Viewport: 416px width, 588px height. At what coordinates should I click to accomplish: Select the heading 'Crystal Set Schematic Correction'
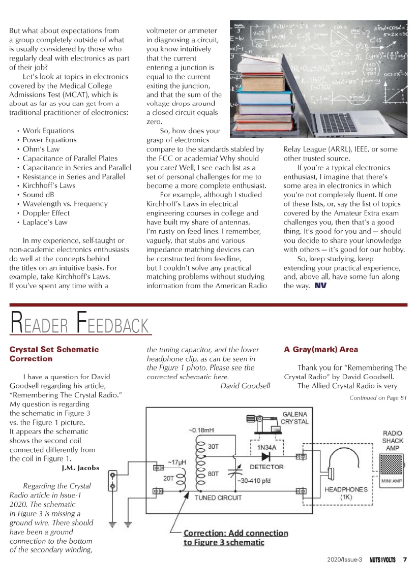54,354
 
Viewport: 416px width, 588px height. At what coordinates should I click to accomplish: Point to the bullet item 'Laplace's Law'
45,222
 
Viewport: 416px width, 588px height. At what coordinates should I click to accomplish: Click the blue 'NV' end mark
320,286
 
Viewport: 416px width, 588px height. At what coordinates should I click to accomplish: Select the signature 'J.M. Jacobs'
80,468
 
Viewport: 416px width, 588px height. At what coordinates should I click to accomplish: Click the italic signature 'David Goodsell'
245,386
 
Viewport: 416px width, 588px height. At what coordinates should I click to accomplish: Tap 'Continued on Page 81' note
378,397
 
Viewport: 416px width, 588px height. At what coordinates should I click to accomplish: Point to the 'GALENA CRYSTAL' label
294,418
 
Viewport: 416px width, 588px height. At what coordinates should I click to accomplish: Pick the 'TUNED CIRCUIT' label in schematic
218,498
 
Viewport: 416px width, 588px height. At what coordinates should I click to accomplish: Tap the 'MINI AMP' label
392,480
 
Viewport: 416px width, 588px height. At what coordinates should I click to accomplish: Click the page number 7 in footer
405,560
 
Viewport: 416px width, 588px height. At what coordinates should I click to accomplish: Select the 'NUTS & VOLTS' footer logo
382,560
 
